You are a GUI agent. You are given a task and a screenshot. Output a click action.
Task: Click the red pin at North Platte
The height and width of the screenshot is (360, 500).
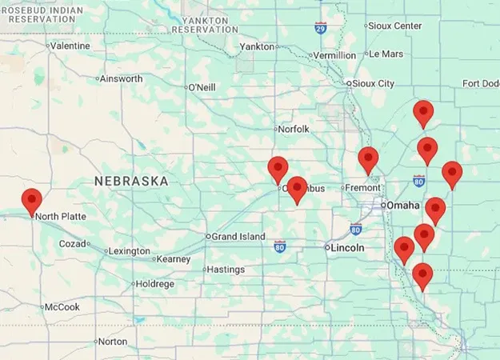pyautogui.click(x=32, y=201)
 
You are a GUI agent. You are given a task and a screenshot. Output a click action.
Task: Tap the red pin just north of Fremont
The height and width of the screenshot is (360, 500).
pyautogui.click(x=368, y=159)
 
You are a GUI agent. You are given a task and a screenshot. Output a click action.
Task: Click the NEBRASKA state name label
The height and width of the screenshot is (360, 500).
pyautogui.click(x=131, y=182)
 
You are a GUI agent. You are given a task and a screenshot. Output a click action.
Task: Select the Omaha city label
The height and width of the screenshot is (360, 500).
pyautogui.click(x=403, y=206)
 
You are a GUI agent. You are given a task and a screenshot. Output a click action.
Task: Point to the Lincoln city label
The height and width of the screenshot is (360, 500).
pyautogui.click(x=347, y=248)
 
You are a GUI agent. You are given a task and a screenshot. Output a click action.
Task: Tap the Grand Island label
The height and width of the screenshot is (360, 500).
pyautogui.click(x=238, y=237)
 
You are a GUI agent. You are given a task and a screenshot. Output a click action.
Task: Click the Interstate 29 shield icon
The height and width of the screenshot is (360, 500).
pyautogui.click(x=320, y=27)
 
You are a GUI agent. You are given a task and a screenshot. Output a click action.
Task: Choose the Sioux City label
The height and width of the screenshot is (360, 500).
pyautogui.click(x=374, y=83)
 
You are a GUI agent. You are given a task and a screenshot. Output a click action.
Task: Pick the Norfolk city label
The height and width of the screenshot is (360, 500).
pyautogui.click(x=293, y=129)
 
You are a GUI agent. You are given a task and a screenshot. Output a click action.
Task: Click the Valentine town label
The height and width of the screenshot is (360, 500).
pyautogui.click(x=70, y=46)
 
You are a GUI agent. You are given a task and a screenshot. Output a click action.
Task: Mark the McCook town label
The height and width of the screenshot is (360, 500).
pyautogui.click(x=62, y=307)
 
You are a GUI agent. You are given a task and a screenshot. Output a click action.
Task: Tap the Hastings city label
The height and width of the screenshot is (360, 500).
pyautogui.click(x=225, y=270)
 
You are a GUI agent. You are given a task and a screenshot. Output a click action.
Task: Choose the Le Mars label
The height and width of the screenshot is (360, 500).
pyautogui.click(x=386, y=54)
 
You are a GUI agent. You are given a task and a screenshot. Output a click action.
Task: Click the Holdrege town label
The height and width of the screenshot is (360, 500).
pyautogui.click(x=154, y=284)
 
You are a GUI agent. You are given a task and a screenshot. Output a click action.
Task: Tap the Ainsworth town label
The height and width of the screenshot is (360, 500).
pyautogui.click(x=122, y=78)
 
